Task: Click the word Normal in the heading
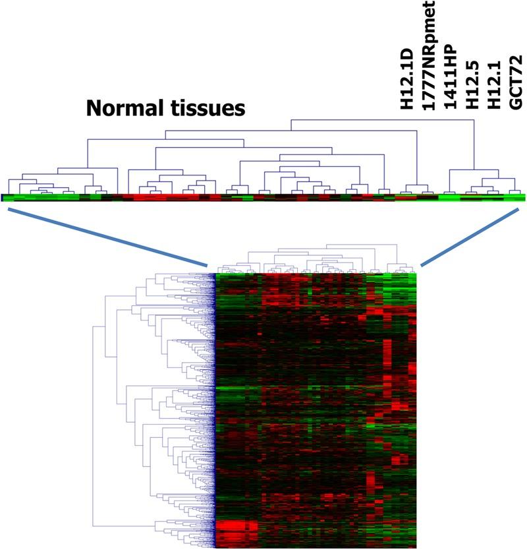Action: coord(119,107)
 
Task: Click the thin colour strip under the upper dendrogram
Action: coord(263,197)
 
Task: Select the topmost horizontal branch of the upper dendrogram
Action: coord(382,120)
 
